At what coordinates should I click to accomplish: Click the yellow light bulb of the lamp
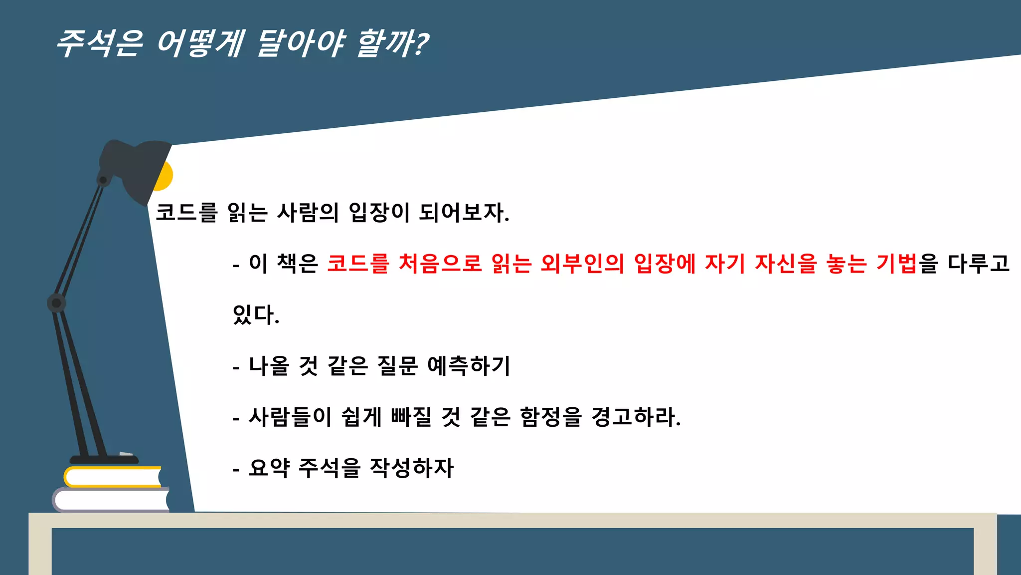pos(165,176)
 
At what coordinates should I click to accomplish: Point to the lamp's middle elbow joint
pos(56,303)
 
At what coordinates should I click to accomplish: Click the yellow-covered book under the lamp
pos(113,477)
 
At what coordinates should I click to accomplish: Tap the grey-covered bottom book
pos(111,500)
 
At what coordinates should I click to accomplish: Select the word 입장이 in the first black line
pos(379,213)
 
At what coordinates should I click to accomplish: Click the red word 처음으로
pos(440,264)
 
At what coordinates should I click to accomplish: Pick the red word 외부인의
pos(582,264)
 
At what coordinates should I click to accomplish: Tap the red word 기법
pos(896,264)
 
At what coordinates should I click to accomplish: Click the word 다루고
pos(978,264)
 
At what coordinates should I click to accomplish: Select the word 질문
pos(398,366)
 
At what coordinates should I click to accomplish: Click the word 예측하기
pos(469,366)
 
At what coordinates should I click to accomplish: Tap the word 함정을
pos(550,417)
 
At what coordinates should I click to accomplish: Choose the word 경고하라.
pos(636,417)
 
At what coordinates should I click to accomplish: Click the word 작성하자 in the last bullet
pos(412,468)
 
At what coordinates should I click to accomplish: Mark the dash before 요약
pos(236,470)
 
